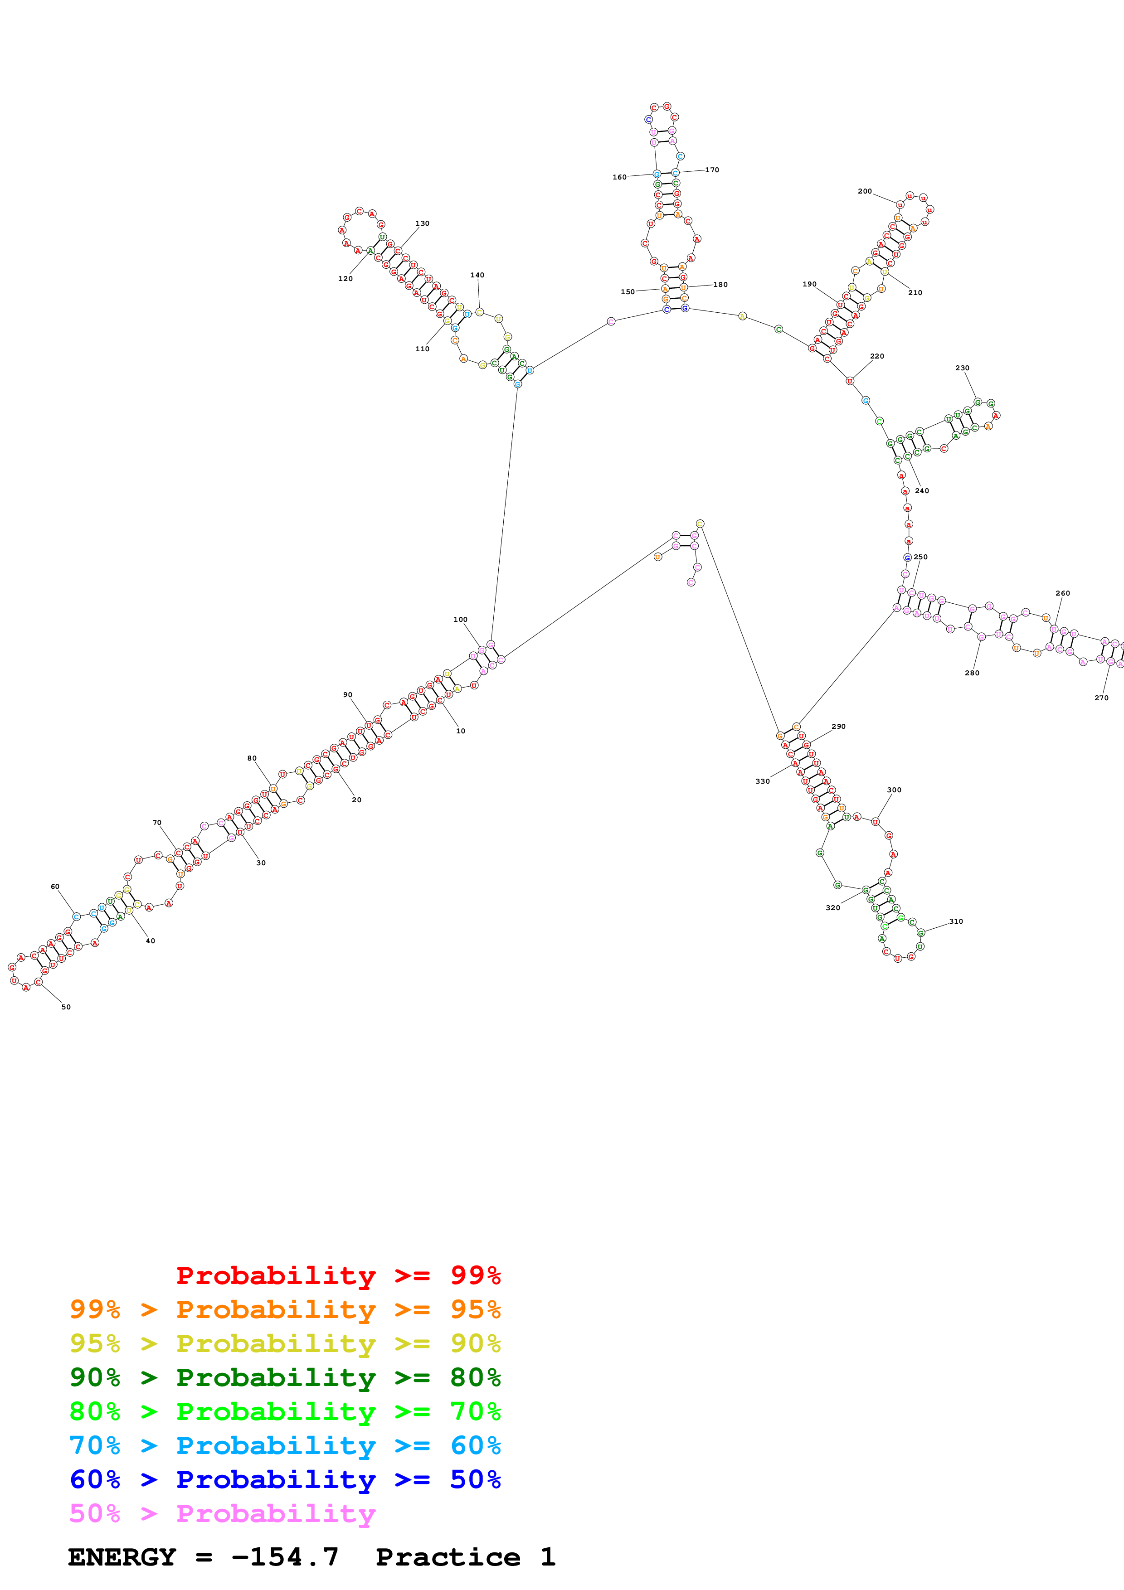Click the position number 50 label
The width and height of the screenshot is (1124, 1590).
pyautogui.click(x=66, y=1007)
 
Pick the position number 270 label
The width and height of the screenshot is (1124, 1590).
pyautogui.click(x=1101, y=698)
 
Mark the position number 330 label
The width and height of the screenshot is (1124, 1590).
pyautogui.click(x=763, y=781)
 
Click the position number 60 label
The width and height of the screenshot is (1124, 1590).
pyautogui.click(x=55, y=887)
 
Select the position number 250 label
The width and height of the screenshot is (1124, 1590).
pyautogui.click(x=920, y=557)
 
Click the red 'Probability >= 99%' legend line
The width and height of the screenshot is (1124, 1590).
pyautogui.click(x=338, y=1275)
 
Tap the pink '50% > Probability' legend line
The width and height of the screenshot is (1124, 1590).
pyautogui.click(x=222, y=1514)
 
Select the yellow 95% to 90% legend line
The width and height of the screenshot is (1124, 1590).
pyautogui.click(x=285, y=1343)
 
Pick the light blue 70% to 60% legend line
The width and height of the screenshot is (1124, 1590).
pyautogui.click(x=285, y=1445)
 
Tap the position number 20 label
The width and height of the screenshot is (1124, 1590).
pyautogui.click(x=357, y=800)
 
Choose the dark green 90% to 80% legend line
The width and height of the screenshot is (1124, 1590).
pyautogui.click(x=285, y=1377)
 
